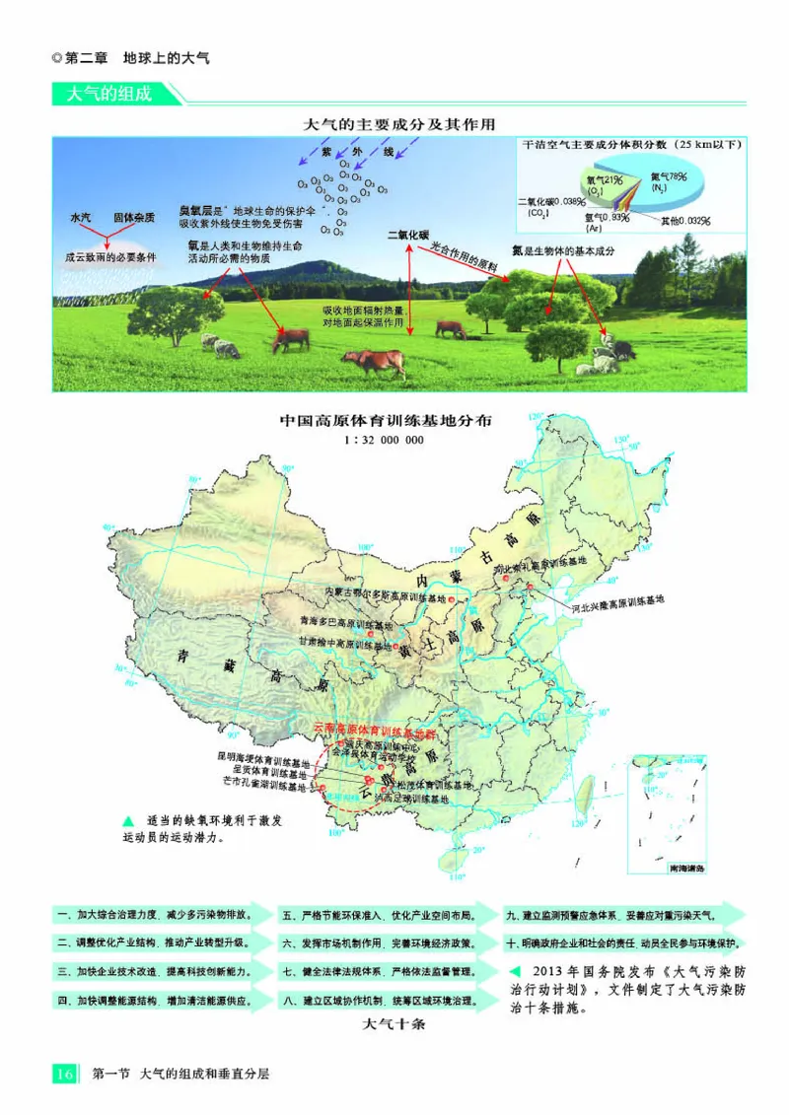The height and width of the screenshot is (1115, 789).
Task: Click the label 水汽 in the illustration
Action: pyautogui.click(x=81, y=217)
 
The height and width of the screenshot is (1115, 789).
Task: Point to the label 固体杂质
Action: pyautogui.click(x=133, y=217)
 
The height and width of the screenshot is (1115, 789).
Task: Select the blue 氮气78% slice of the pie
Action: pyautogui.click(x=681, y=179)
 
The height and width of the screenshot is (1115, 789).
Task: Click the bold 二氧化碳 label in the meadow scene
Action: pyautogui.click(x=407, y=236)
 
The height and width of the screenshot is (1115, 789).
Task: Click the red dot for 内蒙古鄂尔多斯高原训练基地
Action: pyautogui.click(x=451, y=599)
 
